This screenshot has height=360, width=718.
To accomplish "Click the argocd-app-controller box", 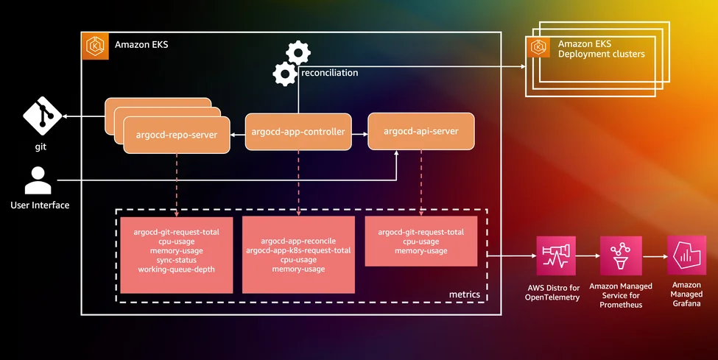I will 298,133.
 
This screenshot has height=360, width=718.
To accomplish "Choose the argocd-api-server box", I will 420,131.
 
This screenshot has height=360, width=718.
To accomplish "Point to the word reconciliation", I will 329,73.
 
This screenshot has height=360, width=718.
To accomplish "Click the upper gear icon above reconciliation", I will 298,52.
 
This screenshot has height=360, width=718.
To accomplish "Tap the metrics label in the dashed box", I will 464,294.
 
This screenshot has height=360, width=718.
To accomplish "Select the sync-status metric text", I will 175,260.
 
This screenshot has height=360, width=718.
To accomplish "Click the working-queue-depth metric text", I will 175,269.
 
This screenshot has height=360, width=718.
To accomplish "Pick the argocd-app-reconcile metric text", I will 298,241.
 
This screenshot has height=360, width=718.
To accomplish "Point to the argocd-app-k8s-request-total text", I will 298,250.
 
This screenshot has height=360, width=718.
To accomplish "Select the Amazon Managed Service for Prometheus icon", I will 620,255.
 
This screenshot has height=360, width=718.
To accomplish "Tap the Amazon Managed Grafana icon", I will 686,255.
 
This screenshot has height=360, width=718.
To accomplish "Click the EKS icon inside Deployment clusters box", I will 539,48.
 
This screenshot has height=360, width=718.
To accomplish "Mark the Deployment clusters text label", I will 601,54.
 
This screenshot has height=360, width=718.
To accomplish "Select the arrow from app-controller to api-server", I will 359,134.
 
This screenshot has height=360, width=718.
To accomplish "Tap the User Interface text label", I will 40,205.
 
